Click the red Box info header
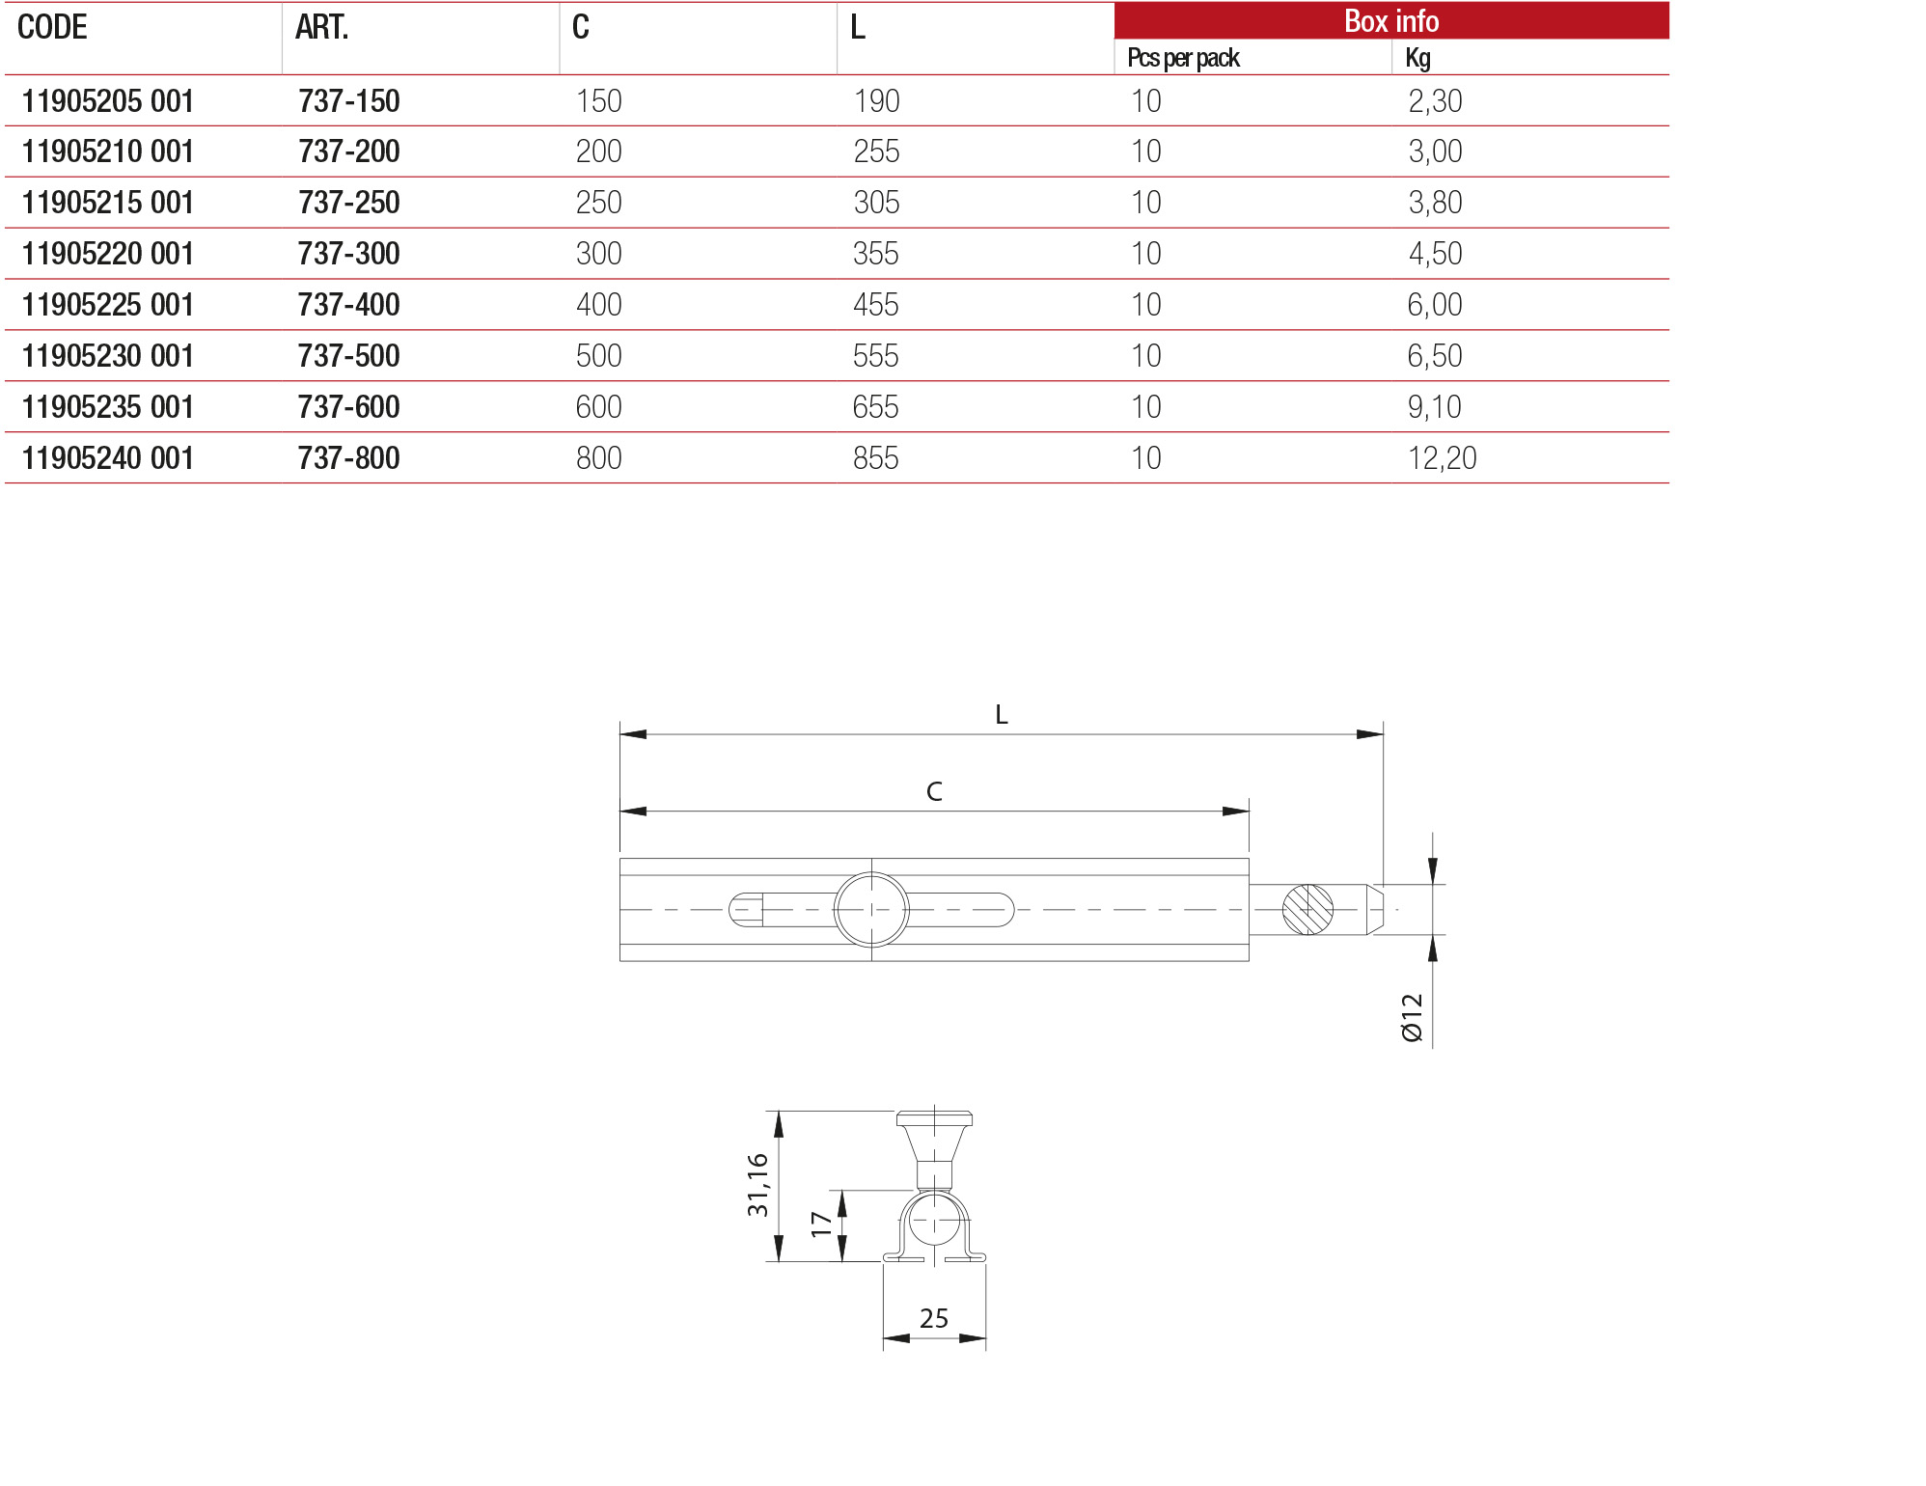[x=1390, y=21]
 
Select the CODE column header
[x=52, y=27]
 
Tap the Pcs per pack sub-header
[x=1183, y=58]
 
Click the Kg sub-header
[x=1417, y=58]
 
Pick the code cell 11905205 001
[x=108, y=101]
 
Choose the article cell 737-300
[x=348, y=254]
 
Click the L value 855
[x=875, y=458]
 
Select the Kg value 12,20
[x=1442, y=458]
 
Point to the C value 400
[x=598, y=305]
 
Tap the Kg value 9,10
[x=1434, y=407]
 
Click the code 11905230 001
[x=108, y=356]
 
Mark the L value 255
[x=876, y=151]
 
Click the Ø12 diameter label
[x=1412, y=1017]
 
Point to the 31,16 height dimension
[x=758, y=1184]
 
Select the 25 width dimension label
[x=933, y=1318]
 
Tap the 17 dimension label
[x=821, y=1225]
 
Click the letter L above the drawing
[x=1001, y=715]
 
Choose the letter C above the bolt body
[x=933, y=792]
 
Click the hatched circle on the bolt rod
[x=1307, y=909]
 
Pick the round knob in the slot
[x=871, y=909]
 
